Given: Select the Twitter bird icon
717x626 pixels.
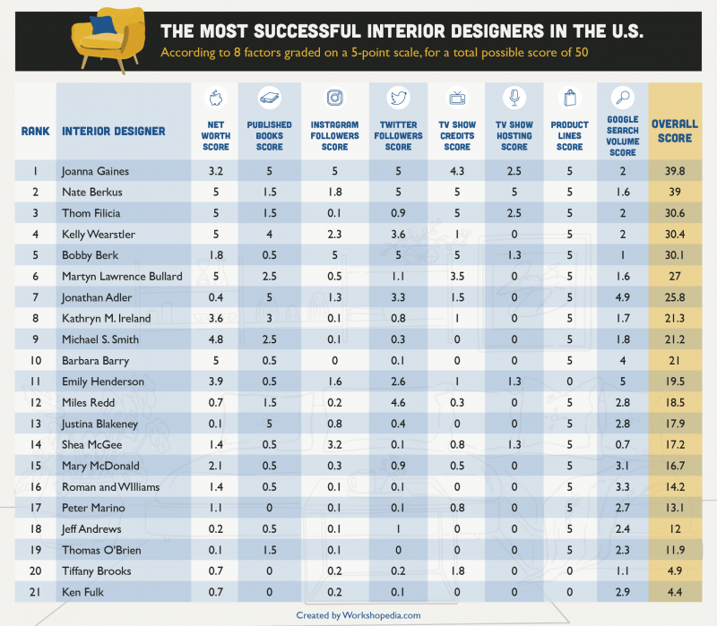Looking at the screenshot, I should [398, 98].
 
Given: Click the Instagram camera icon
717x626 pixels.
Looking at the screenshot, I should [334, 98].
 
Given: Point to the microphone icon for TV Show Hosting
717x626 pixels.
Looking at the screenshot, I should [514, 98].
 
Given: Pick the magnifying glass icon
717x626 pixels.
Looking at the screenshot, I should [623, 99].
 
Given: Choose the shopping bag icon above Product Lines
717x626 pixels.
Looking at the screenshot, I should [569, 98].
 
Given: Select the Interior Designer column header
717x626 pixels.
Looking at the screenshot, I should [114, 131].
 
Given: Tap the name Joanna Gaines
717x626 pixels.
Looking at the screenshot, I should [95, 170].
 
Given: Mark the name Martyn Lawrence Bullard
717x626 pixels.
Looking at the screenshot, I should [122, 276].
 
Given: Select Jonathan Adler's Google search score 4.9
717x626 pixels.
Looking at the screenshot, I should [623, 296].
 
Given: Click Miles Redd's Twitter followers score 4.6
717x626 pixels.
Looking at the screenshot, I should [398, 402].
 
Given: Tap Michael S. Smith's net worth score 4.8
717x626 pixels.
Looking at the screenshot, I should [214, 339].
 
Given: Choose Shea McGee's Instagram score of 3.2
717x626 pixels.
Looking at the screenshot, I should [334, 444].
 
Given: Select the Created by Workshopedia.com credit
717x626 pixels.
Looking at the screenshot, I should [358, 615].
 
